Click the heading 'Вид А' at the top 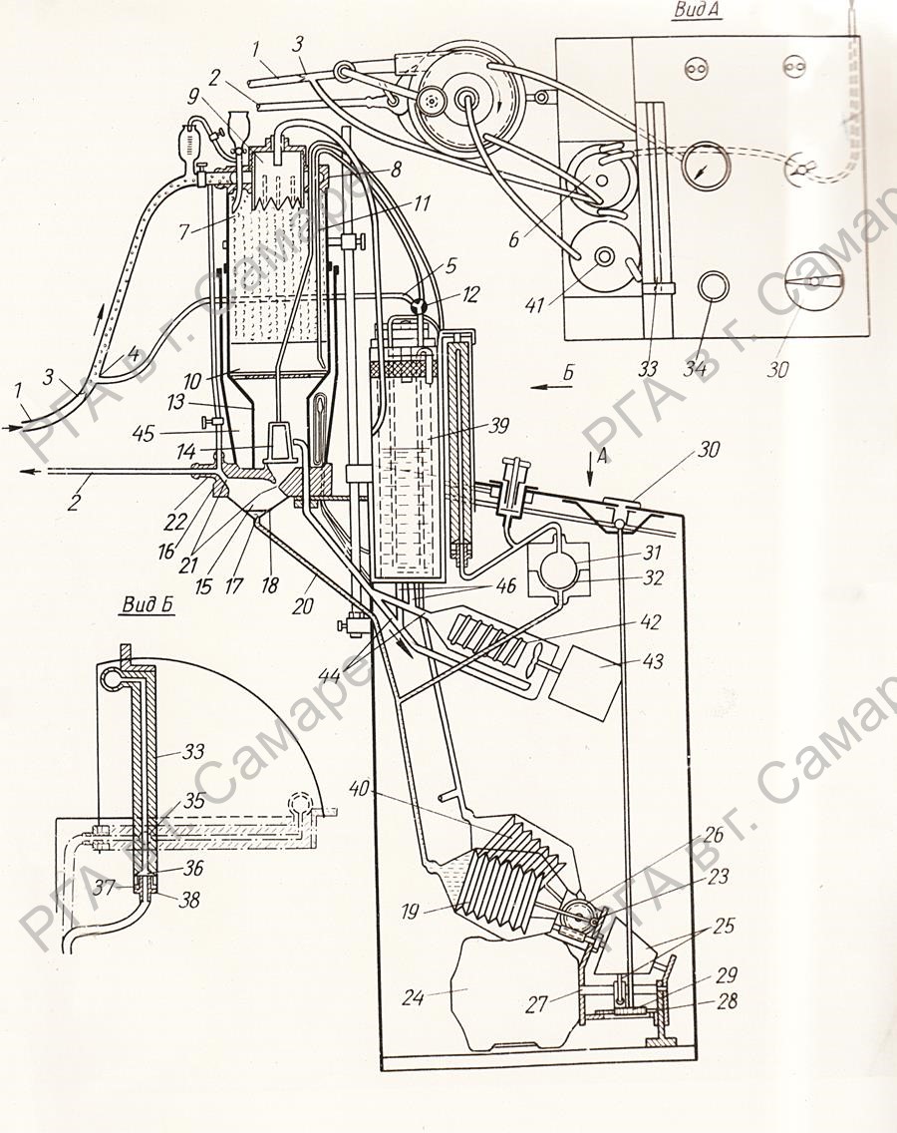point(697,12)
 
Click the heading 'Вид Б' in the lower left point(149,605)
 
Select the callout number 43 point(652,661)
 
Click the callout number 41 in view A point(534,305)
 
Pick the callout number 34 point(696,368)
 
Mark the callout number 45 point(144,433)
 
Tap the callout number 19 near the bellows point(410,912)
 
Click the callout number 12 point(470,295)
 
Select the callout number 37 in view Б point(105,887)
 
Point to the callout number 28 point(728,1001)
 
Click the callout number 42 point(652,621)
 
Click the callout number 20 point(303,604)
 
